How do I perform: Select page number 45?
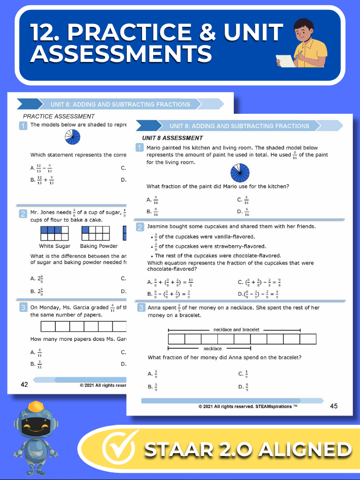pos(334,406)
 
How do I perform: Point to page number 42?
pos(24,384)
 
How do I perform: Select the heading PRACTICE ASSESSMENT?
pos(59,116)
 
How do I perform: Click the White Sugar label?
pos(54,246)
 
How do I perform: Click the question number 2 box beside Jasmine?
pos(140,227)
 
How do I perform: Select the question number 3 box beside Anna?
pos(140,308)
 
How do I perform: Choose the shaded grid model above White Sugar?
pos(54,233)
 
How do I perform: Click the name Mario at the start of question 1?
pos(156,148)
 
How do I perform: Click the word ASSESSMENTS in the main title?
pos(120,54)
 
